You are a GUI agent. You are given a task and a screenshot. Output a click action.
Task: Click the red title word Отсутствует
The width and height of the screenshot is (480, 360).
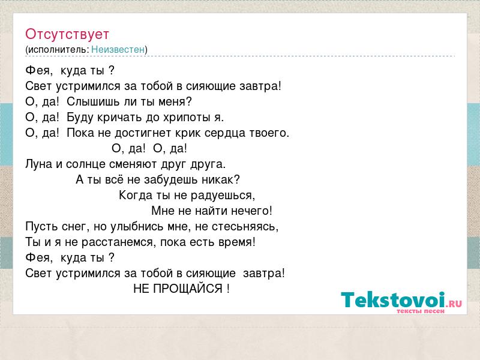tap(67, 34)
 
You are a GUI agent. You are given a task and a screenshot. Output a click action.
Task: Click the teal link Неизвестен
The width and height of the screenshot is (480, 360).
tap(118, 49)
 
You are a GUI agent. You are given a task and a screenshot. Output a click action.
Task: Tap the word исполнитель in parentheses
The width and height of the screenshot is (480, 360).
tap(58, 50)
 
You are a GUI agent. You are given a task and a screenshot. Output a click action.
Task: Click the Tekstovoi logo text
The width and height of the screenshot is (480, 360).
tap(393, 299)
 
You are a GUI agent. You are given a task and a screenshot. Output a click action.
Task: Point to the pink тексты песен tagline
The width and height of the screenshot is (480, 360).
tap(421, 311)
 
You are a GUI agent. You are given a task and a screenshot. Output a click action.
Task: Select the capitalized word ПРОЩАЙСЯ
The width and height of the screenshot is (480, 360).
tap(188, 289)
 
